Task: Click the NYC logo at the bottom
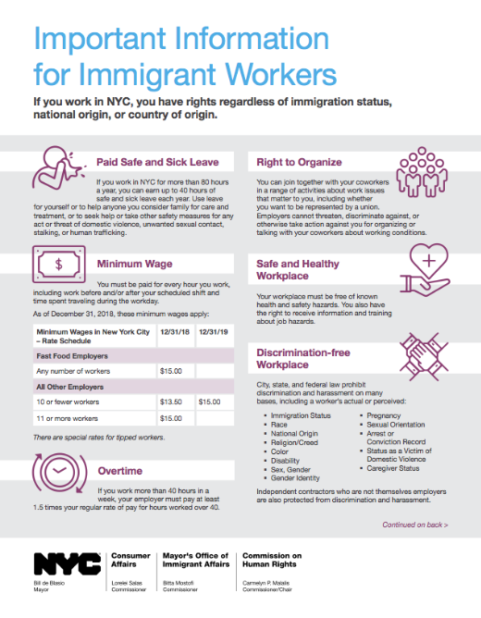pyautogui.click(x=60, y=563)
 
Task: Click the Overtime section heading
pyautogui.click(x=120, y=471)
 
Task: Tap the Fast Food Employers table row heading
pyautogui.click(x=72, y=355)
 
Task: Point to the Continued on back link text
pyautogui.click(x=415, y=525)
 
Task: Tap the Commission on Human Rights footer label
pyautogui.click(x=262, y=563)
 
